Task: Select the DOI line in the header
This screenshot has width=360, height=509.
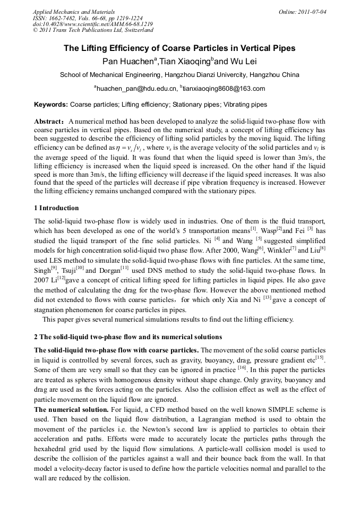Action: [93, 24]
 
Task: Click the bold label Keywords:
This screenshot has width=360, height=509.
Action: [51, 105]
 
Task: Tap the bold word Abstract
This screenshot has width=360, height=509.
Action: [49, 122]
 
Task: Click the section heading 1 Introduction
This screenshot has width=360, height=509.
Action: [56, 208]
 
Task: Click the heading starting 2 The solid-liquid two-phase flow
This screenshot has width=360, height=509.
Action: [128, 337]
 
